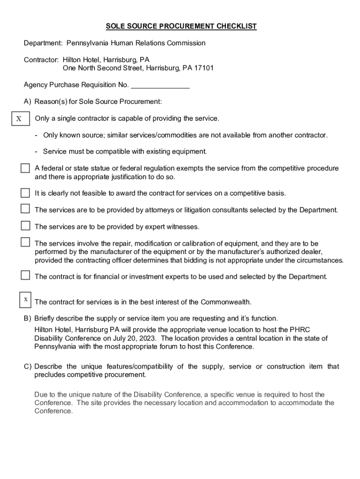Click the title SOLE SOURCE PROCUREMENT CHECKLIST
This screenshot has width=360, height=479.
181,26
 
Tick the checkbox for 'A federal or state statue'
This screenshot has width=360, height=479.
25,168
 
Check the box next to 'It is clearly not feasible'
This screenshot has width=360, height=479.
25,193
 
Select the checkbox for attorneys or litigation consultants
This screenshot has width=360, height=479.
25,209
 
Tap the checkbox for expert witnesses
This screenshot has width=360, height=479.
25,226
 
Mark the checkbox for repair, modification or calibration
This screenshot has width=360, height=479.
25,242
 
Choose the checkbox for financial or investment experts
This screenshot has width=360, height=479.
25,275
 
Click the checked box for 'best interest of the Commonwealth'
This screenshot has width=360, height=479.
25,299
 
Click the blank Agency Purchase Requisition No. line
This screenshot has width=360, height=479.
160,86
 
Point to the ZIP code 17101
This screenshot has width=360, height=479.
204,68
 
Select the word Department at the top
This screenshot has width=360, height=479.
43,43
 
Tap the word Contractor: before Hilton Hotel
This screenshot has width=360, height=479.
41,60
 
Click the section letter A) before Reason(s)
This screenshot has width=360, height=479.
28,102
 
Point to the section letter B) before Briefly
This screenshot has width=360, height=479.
28,319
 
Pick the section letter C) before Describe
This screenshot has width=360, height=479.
28,366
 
